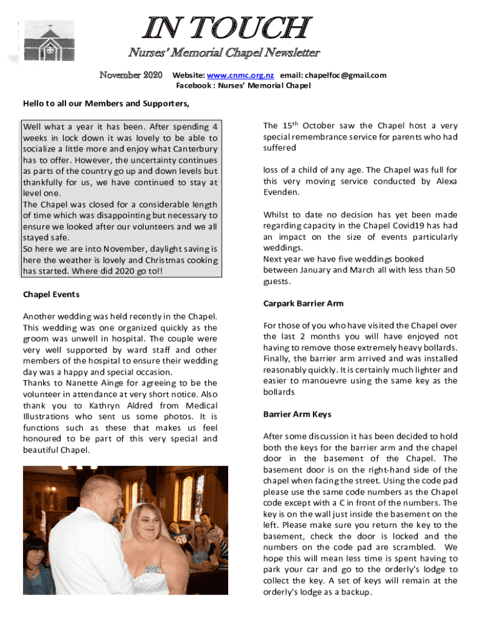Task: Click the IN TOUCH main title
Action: coord(227,29)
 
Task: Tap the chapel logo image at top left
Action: coord(49,41)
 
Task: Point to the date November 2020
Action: coord(131,75)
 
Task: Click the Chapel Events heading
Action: coord(51,294)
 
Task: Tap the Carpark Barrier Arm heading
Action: coord(303,303)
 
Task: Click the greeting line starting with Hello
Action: coord(106,103)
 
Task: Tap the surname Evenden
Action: coord(280,193)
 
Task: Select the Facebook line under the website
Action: coord(242,86)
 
